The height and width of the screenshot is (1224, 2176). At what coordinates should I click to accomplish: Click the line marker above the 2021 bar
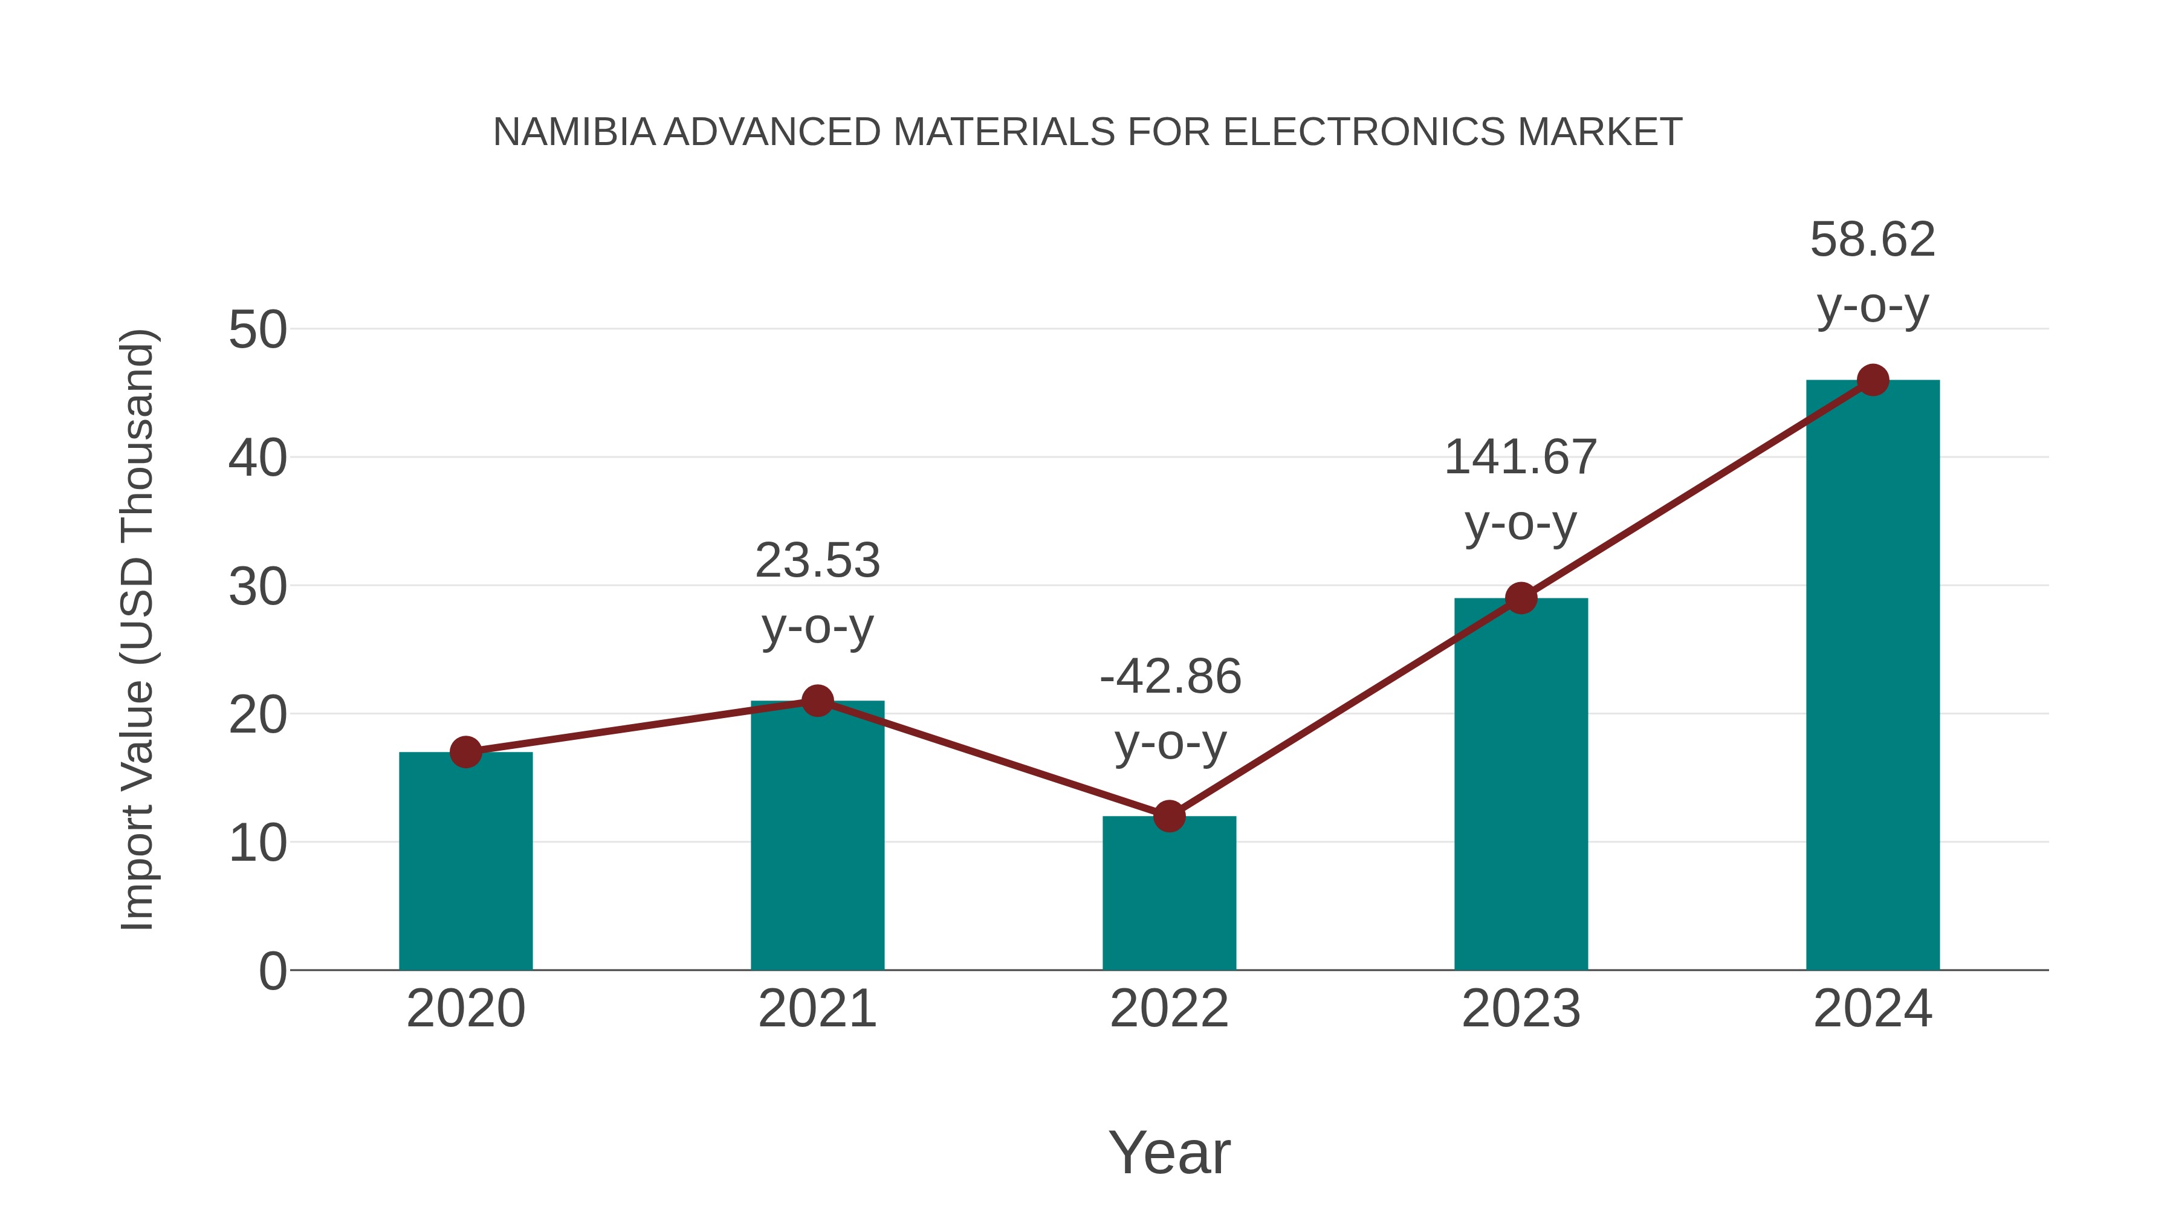pos(817,701)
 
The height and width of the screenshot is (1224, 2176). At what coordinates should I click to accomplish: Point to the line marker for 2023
pos(1521,598)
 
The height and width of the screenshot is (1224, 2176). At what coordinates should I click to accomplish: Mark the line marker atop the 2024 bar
pos(1873,380)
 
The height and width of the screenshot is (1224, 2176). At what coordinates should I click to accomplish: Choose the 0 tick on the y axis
pos(272,971)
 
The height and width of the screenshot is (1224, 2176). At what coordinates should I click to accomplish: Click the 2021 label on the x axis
pos(817,1009)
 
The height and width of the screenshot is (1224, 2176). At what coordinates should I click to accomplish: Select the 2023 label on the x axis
pos(1521,1009)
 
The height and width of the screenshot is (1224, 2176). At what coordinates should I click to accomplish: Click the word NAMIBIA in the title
pos(574,132)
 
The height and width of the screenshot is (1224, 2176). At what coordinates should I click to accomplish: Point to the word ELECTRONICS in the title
pos(1364,132)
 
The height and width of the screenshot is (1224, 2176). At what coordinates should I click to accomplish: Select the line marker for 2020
pos(465,752)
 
